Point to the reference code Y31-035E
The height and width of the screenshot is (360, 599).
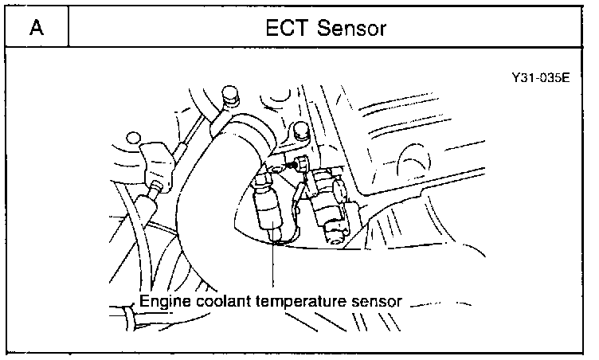pos(542,80)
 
